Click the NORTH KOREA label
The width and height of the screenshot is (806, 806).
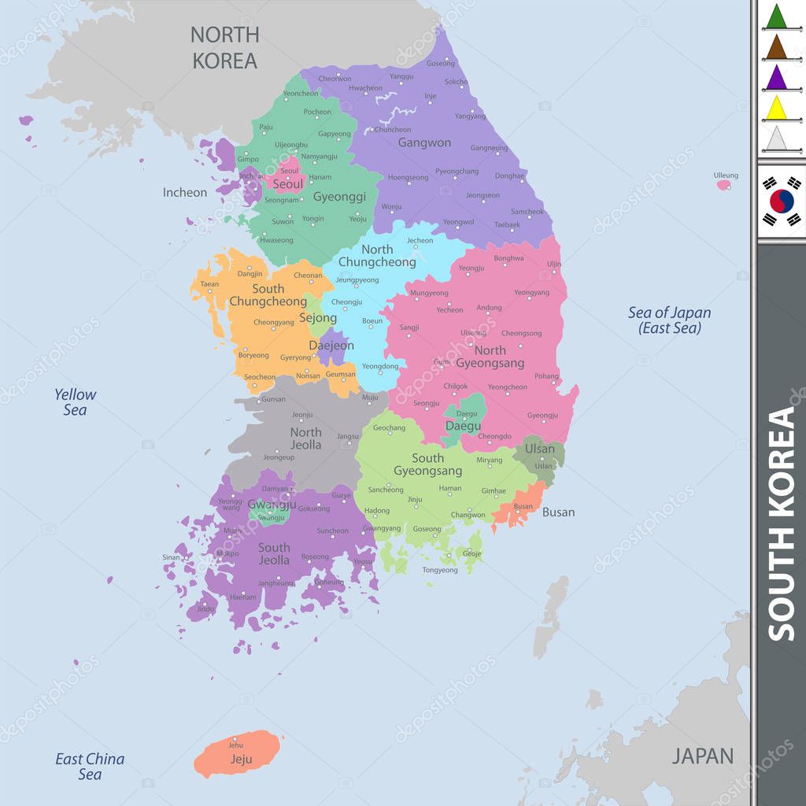[x=224, y=47]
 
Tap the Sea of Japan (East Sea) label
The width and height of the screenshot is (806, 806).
[x=669, y=320]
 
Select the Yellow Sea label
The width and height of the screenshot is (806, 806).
[x=75, y=401]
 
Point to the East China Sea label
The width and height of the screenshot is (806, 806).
[x=90, y=767]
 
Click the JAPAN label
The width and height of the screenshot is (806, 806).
[x=702, y=756]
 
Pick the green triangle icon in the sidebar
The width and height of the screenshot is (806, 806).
[x=777, y=17]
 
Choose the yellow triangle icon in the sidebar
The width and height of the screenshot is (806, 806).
[x=777, y=108]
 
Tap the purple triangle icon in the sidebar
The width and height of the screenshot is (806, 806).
[x=777, y=77]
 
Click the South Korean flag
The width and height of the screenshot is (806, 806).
[x=781, y=201]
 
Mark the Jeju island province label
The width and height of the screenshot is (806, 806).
[x=241, y=760]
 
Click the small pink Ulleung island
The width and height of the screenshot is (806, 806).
[x=723, y=185]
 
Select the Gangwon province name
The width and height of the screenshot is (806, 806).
[x=424, y=142]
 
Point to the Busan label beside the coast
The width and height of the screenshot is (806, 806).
[x=558, y=512]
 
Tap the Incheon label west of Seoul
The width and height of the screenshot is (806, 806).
[x=185, y=192]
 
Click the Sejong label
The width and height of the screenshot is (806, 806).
[x=318, y=319]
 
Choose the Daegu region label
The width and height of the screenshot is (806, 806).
[x=463, y=426]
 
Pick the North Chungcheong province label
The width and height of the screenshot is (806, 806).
[x=377, y=256]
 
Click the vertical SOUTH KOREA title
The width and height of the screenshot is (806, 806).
[x=781, y=523]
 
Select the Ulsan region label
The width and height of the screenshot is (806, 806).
[x=540, y=449]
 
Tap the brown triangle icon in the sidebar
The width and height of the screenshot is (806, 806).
[x=777, y=47]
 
